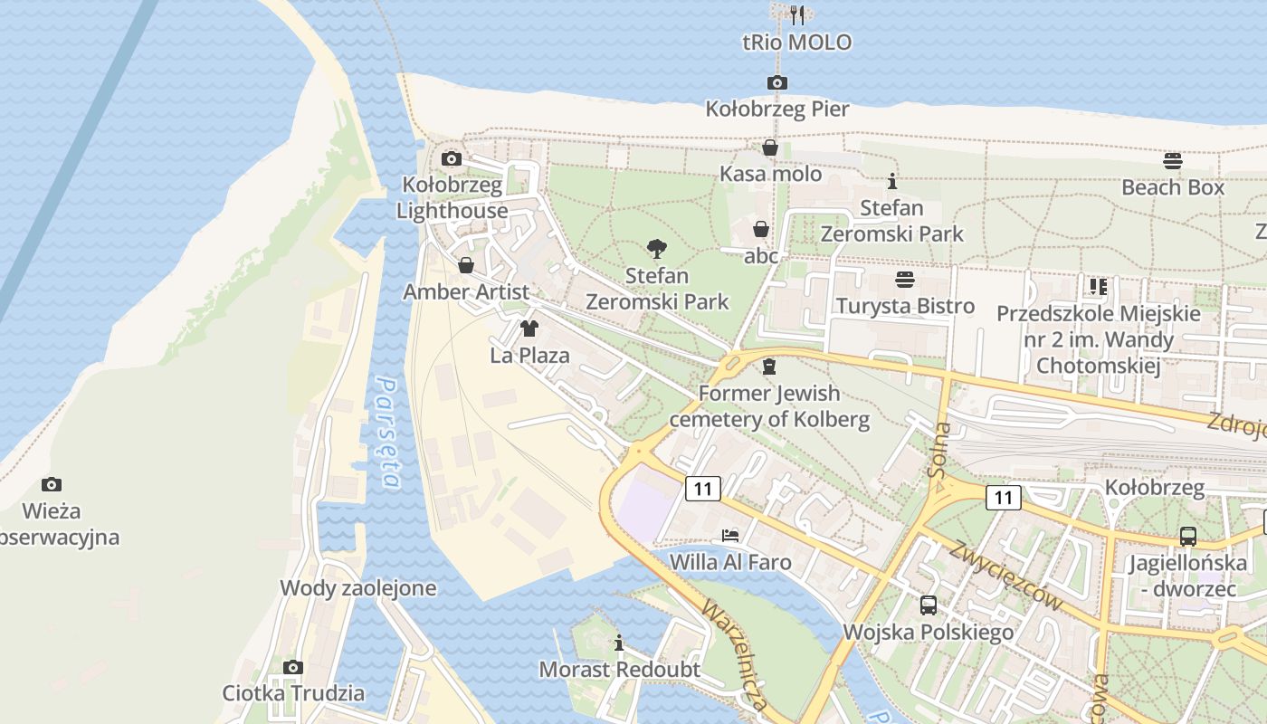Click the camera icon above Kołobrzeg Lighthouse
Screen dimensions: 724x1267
(451, 159)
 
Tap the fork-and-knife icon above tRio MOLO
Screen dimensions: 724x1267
(796, 14)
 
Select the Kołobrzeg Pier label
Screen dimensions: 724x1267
(777, 110)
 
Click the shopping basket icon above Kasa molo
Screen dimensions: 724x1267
(770, 148)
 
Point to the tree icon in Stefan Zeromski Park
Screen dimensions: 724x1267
(657, 249)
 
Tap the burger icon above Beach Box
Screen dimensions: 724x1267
(1173, 161)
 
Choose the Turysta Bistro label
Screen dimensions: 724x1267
(905, 306)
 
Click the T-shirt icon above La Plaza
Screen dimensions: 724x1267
(529, 329)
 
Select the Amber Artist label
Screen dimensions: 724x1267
(466, 292)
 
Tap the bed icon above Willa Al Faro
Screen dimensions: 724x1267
(730, 535)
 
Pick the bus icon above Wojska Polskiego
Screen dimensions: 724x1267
(929, 605)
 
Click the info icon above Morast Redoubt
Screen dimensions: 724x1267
(619, 643)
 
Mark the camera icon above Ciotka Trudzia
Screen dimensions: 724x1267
(293, 668)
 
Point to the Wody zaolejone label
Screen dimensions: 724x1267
(357, 588)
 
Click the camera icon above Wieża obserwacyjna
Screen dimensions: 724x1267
(52, 484)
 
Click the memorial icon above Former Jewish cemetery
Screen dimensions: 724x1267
(769, 367)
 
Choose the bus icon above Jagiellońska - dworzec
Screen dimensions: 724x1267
(1188, 537)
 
